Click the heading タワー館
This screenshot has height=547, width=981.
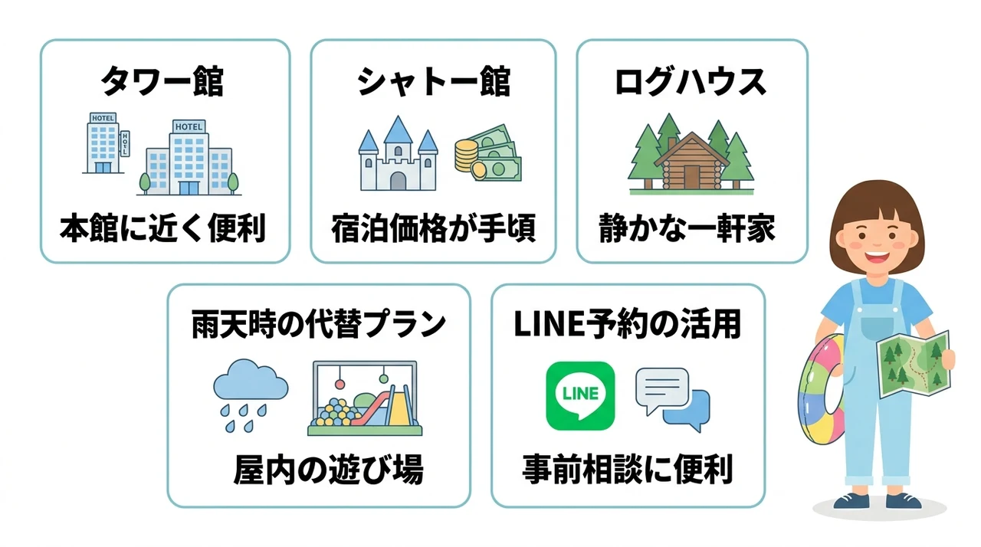[x=162, y=81]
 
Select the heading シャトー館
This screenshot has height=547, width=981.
[x=434, y=81]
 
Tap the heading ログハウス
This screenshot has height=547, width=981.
[x=691, y=81]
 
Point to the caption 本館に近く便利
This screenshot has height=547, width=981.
[x=162, y=228]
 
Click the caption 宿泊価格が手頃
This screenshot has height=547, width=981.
[x=434, y=228]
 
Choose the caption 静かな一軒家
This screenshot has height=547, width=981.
[x=687, y=228]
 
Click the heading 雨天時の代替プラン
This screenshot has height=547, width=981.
[x=318, y=324]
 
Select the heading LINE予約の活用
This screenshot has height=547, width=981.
[x=627, y=324]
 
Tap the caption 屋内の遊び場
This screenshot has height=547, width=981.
[x=329, y=470]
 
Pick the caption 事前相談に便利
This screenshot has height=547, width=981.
[x=628, y=470]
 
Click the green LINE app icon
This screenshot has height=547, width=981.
[x=580, y=395]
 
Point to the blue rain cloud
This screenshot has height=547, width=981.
[x=251, y=379]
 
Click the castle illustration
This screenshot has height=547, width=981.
[x=398, y=153]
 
